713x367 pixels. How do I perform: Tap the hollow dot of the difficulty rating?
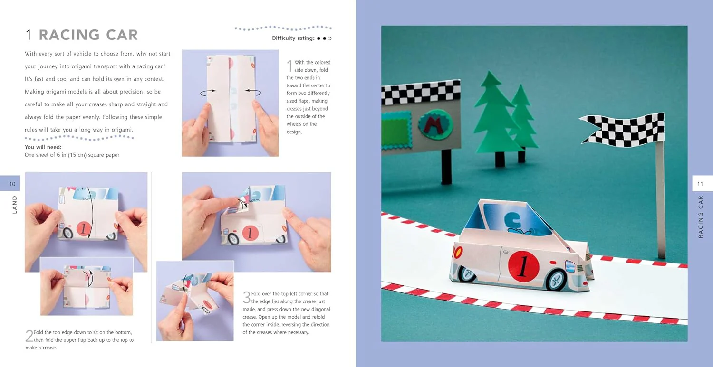coord(330,38)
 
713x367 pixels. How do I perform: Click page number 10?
coord(12,184)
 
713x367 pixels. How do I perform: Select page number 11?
coord(700,184)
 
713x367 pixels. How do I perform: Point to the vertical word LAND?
coord(14,205)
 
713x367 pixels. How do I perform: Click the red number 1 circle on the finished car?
coord(523,266)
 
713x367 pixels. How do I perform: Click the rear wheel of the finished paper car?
coord(467,273)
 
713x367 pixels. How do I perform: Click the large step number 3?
coord(246,297)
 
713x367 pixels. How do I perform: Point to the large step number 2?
coord(29,336)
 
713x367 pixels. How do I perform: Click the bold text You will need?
coord(43,147)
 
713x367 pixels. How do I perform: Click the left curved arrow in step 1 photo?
coord(208,92)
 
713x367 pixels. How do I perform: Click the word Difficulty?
coord(284,38)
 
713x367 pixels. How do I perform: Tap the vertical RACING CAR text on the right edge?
coord(700,217)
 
